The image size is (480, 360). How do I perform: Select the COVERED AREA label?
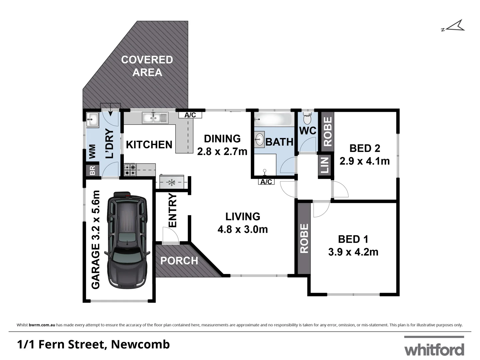147,66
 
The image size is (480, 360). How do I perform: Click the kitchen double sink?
155,118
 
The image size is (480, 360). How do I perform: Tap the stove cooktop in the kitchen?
130,170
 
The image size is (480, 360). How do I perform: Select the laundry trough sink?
92,119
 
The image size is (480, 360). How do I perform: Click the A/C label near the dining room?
190,115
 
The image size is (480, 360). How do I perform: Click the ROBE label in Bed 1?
304,239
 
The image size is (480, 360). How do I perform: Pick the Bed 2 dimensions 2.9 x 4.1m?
365,161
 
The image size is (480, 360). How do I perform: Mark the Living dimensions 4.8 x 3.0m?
243,229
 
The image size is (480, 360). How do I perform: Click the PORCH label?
179,261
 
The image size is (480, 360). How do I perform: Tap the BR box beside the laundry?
92,170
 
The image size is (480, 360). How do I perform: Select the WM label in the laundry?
92,152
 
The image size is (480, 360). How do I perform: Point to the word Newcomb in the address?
140,344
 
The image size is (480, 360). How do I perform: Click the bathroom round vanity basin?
259,140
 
